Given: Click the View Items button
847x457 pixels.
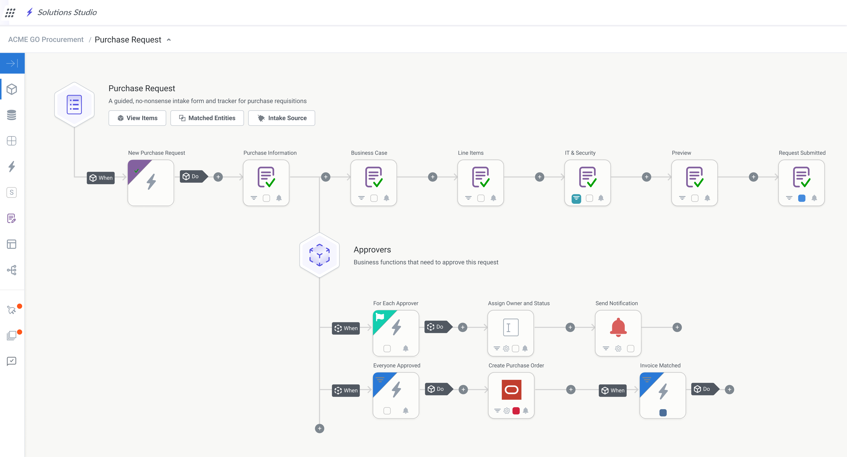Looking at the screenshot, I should point(137,118).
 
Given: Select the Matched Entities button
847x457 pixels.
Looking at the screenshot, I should point(207,118).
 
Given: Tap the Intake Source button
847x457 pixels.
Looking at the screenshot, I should point(282,118).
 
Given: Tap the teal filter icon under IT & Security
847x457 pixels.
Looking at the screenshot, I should point(576,198).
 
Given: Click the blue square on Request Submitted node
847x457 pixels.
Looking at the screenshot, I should point(802,198).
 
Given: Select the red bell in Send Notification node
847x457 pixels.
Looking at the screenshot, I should point(618,327).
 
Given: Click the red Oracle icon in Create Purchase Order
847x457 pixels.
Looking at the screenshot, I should point(511,390).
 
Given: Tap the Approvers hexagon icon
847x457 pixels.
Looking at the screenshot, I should point(319,255).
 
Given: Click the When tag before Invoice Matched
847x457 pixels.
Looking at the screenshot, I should point(613,390).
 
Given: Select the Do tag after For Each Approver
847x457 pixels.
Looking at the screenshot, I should point(436,327).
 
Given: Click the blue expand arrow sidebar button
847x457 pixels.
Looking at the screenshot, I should point(12,63).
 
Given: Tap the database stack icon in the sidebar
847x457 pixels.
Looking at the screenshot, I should point(11,115).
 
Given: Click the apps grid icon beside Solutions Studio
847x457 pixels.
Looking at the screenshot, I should point(10,12).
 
